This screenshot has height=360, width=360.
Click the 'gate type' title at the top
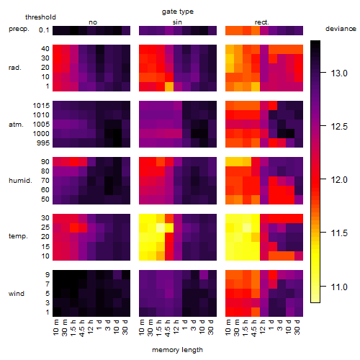(178, 12)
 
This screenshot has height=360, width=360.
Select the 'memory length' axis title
(177, 350)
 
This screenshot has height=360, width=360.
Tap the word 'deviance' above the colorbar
(341, 29)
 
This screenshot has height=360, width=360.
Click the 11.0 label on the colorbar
(339, 287)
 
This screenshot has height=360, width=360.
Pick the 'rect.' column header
(261, 22)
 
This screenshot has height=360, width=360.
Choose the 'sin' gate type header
(177, 22)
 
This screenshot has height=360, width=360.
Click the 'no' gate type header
(93, 22)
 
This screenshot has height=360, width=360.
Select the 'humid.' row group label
(20, 181)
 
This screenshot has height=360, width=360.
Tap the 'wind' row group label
(17, 294)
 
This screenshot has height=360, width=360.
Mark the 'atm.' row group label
(16, 125)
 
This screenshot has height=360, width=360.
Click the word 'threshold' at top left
(40, 17)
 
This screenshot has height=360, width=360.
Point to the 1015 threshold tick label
(41, 106)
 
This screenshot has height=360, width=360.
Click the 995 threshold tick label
(43, 143)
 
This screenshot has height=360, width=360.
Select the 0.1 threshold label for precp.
(44, 30)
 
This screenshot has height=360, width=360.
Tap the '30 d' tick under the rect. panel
(297, 327)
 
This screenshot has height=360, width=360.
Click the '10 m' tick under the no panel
(55, 327)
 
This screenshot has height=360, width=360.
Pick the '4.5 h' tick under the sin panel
(168, 328)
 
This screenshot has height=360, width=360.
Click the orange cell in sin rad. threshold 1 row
(169, 86)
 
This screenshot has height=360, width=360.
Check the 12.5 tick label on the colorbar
(339, 127)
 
